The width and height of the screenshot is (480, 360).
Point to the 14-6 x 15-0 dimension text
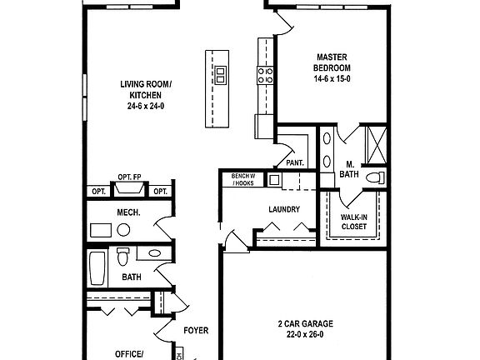(332, 77)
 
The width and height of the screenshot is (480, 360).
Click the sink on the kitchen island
(221, 76)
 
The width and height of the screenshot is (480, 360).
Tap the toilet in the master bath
(374, 177)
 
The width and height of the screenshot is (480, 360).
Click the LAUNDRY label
(284, 209)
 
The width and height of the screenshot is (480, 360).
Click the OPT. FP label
(129, 177)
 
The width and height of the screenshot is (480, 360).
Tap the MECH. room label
(128, 212)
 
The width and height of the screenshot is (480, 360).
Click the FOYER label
(197, 330)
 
